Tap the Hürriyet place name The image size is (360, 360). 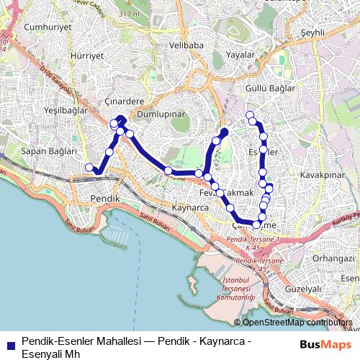tap(86, 55)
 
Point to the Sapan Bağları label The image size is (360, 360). tap(48, 151)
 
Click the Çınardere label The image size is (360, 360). tap(125, 101)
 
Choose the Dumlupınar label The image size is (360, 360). tap(161, 114)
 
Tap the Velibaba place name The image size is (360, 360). tap(185, 45)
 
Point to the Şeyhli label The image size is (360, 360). tap(313, 33)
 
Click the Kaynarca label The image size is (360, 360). tap(190, 207)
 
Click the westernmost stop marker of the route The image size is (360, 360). tap(89, 168)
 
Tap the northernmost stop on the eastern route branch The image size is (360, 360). tap(250, 115)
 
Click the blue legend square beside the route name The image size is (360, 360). tap(9, 344)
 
